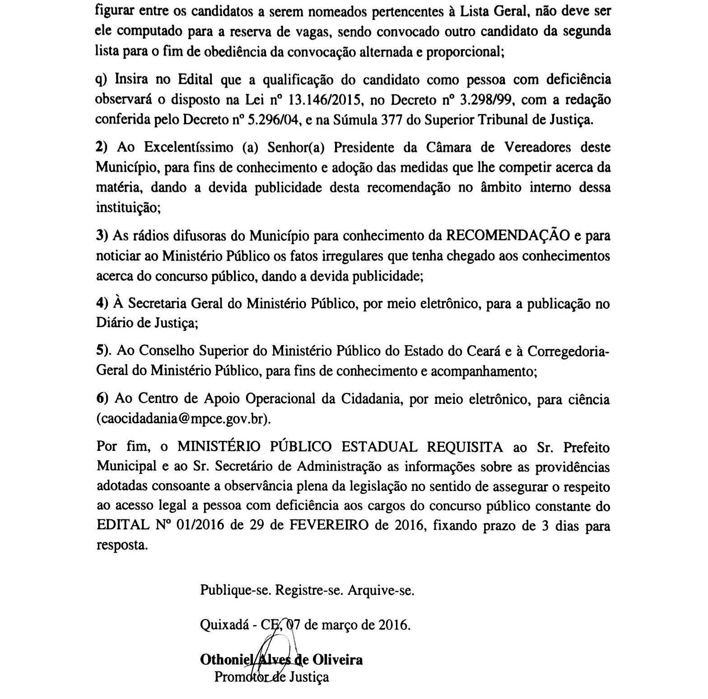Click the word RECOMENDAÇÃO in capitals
[508, 236]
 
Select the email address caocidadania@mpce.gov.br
[184, 419]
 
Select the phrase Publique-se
[236, 590]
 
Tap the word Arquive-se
[381, 590]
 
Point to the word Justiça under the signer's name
[309, 677]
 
